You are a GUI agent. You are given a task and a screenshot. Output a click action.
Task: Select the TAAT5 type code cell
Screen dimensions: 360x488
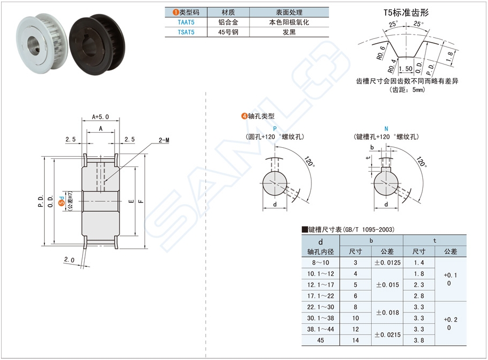click(x=186, y=22)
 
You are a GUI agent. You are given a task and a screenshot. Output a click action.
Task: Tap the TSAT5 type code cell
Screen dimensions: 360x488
click(x=186, y=32)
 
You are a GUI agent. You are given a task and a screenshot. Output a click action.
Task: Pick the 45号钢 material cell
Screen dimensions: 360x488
click(x=227, y=32)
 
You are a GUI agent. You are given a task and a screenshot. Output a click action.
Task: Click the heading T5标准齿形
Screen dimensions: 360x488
click(x=406, y=12)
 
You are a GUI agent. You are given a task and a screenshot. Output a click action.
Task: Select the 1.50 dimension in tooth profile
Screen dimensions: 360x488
click(x=405, y=69)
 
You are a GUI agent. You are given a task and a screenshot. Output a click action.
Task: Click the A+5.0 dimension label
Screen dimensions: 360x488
click(x=100, y=116)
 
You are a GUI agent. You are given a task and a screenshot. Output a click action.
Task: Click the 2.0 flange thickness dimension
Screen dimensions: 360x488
click(x=69, y=260)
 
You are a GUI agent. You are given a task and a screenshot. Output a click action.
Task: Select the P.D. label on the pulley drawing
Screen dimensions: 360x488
click(x=41, y=201)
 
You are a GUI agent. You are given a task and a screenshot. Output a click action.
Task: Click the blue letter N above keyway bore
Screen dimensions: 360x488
click(x=386, y=129)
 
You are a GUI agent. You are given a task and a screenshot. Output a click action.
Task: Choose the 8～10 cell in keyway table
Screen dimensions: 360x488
click(x=320, y=263)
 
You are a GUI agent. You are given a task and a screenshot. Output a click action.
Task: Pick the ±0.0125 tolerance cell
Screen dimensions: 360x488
click(x=387, y=263)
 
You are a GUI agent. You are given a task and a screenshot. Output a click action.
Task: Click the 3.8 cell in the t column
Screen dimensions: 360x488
click(x=419, y=340)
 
